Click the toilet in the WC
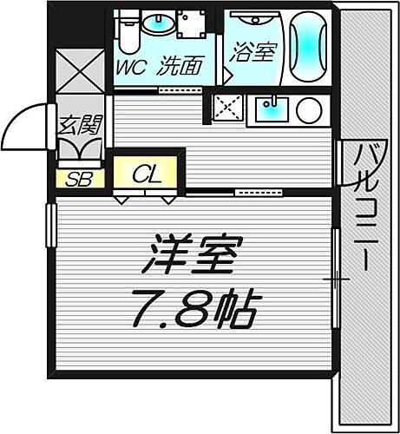129,33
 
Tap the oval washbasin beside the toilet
158,23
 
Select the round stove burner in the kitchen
309,109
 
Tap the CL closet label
147,174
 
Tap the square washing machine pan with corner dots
192,25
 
